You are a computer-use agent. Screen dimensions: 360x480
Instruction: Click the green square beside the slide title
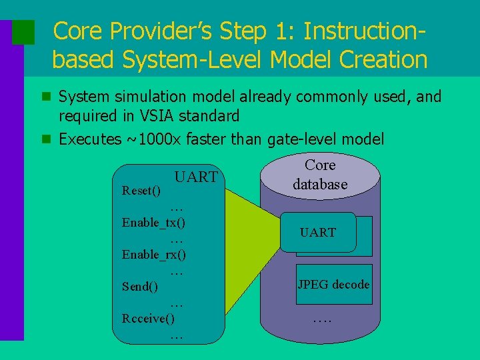24,32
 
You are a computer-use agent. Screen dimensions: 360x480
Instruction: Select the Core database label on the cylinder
320,175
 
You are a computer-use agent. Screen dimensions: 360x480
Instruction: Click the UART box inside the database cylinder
318,232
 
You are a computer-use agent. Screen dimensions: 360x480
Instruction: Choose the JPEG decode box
333,285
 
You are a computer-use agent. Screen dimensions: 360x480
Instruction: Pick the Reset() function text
141,191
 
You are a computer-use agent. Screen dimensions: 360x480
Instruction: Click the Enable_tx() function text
154,223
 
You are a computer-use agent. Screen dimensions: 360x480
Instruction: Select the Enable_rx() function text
154,255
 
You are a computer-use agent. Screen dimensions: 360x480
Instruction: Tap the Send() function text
140,287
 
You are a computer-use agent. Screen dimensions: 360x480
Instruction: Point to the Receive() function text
148,319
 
